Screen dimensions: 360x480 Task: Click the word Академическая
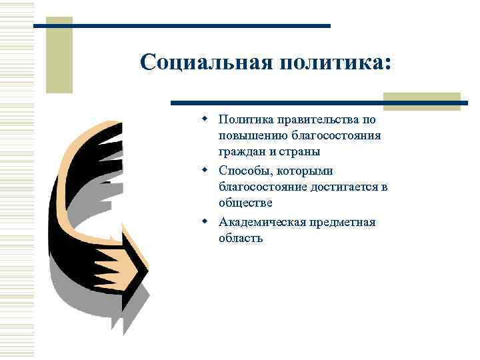(x=261, y=221)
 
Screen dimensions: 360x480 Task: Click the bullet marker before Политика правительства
(x=207, y=119)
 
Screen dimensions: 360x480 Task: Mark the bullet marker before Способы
(x=207, y=169)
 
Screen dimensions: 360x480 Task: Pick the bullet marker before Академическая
(x=207, y=221)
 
